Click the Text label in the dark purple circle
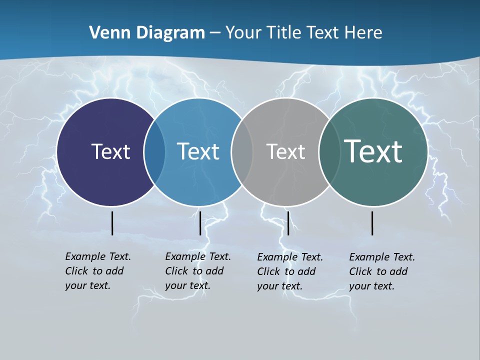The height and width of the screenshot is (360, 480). [110, 151]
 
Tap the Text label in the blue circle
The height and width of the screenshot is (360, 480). [198, 151]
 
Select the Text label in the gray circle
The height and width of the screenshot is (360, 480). [285, 151]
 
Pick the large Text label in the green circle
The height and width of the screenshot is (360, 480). [373, 151]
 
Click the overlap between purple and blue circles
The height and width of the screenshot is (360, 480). [154, 152]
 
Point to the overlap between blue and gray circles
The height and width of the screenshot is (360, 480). [242, 152]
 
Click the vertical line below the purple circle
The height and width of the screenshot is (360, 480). [112, 223]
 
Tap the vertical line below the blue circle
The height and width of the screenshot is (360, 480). [200, 223]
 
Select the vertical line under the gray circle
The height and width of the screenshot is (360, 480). [288, 223]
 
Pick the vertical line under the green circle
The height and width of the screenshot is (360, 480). [372, 223]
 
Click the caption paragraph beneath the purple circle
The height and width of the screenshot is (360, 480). [98, 271]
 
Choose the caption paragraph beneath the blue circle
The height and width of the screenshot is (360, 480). [198, 271]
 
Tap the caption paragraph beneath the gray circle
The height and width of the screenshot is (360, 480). [290, 271]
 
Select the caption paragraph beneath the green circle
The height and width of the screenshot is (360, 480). [382, 271]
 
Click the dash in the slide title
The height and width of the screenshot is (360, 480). [215, 33]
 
